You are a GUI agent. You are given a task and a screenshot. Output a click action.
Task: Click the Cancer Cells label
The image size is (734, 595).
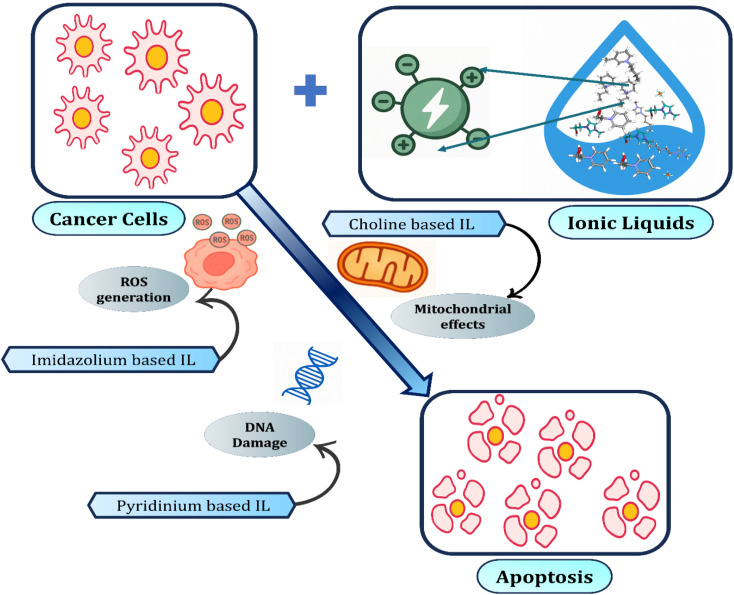(109, 219)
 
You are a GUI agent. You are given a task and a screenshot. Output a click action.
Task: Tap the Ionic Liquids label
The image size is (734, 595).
(631, 223)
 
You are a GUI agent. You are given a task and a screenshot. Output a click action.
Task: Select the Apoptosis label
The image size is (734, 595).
(544, 577)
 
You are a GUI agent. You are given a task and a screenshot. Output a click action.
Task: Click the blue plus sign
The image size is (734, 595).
(310, 89)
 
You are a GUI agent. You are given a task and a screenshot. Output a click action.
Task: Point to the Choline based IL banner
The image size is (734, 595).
(414, 224)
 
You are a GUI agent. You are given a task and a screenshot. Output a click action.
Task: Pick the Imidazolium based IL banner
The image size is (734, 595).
(111, 360)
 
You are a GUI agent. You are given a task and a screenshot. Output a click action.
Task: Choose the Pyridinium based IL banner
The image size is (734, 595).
(192, 505)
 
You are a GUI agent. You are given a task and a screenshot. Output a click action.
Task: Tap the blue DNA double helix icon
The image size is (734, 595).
(310, 375)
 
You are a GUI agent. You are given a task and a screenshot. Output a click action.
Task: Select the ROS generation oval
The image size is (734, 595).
(134, 289)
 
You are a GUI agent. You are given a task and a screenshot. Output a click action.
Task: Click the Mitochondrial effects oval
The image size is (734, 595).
(462, 316)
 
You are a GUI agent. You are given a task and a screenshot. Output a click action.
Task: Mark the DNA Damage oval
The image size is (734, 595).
(259, 435)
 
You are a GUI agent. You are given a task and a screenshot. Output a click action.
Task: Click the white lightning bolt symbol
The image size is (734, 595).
(435, 110)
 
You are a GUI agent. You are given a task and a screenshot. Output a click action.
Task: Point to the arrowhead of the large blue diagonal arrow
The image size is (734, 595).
(419, 385)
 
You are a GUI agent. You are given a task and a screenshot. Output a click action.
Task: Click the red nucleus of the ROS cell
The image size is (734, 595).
(219, 264)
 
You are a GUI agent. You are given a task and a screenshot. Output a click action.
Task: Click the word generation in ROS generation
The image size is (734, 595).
(134, 298)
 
